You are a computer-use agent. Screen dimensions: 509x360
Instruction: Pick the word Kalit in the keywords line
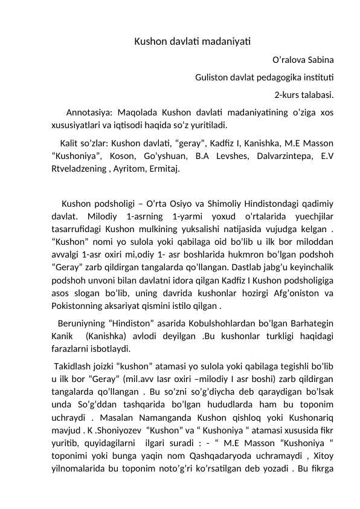point(71,143)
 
